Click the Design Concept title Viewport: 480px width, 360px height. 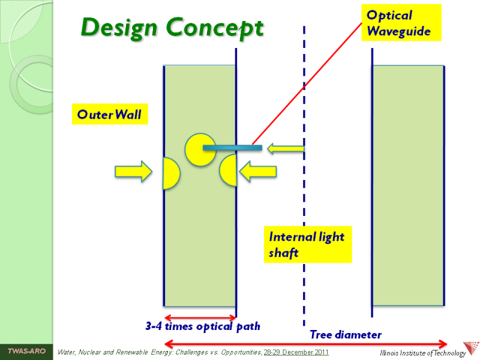[x=172, y=28]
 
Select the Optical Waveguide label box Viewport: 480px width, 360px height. [x=401, y=23]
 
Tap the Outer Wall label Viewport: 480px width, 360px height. [x=110, y=114]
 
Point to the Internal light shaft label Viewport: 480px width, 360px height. [x=307, y=244]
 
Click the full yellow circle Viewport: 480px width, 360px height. [x=200, y=149]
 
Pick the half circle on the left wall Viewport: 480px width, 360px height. [x=170, y=173]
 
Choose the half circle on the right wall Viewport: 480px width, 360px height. [x=228, y=170]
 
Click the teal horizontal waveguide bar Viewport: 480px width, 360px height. [x=232, y=148]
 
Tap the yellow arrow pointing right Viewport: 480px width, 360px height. [x=133, y=171]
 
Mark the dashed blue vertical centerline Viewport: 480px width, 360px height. [x=304, y=240]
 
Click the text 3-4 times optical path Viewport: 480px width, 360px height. [x=203, y=326]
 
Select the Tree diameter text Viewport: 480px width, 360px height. [x=346, y=334]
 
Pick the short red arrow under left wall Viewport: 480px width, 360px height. [x=200, y=317]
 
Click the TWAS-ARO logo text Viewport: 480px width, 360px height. [x=26, y=351]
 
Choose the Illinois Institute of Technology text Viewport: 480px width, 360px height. [x=423, y=353]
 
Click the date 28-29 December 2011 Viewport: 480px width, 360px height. [x=296, y=351]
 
